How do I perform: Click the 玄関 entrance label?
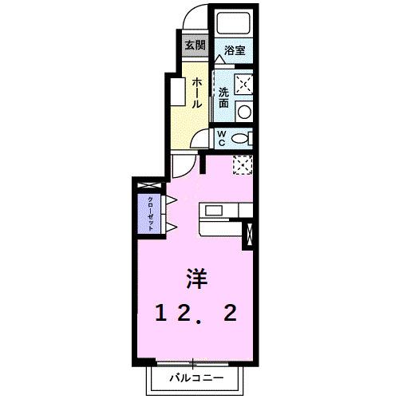pyautogui.click(x=195, y=45)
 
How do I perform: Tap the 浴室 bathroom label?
pyautogui.click(x=235, y=49)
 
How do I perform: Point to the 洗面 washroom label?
pyautogui.click(x=224, y=97)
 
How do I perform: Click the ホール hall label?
pyautogui.click(x=197, y=93)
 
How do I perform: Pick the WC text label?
pyautogui.click(x=223, y=138)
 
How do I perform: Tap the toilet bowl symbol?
pyautogui.click(x=242, y=139)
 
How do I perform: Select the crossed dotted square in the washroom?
pyautogui.click(x=243, y=84)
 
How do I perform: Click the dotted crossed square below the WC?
pyautogui.click(x=243, y=164)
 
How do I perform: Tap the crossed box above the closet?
pyautogui.click(x=148, y=186)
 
